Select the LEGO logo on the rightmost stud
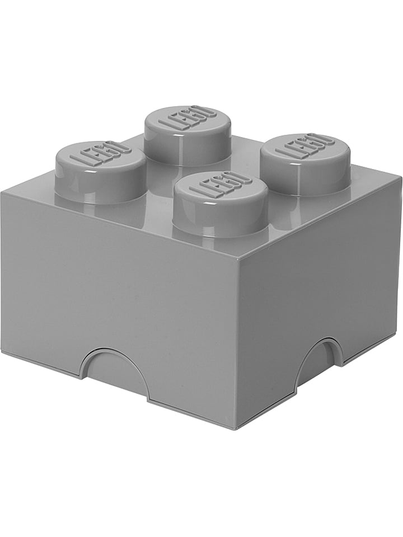(305, 147)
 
